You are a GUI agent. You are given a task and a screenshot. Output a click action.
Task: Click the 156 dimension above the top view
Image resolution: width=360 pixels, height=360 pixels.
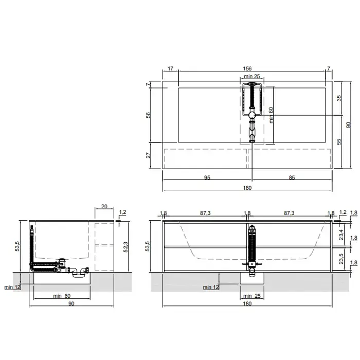(x=247, y=68)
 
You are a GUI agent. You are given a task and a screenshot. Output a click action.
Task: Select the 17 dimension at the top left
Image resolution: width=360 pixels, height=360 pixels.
(x=170, y=68)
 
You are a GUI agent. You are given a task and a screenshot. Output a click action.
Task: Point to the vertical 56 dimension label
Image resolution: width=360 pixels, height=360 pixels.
(x=148, y=115)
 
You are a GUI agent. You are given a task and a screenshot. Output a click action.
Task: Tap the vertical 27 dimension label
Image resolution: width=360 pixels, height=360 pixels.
(x=148, y=155)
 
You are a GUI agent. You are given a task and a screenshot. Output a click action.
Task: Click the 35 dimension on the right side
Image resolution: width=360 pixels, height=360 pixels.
(x=339, y=98)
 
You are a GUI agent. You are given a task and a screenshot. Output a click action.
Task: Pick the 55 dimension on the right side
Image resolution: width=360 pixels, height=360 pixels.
(x=339, y=141)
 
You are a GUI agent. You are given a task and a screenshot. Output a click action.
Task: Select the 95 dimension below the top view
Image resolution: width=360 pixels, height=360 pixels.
(x=207, y=177)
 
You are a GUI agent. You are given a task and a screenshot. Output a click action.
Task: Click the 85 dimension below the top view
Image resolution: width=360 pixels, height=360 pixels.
(x=292, y=177)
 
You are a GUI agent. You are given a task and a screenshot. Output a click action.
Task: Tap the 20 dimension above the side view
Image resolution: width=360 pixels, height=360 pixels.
(x=104, y=206)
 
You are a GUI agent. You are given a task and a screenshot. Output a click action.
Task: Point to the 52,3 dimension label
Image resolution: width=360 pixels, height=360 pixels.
(x=125, y=247)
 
